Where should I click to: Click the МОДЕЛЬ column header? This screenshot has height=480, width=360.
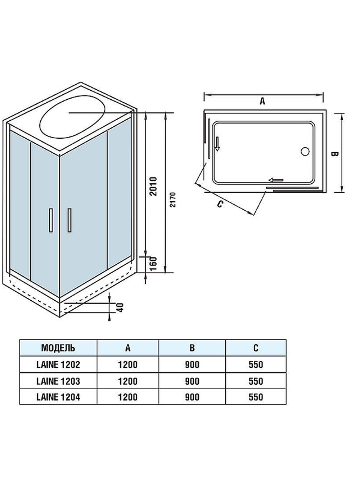point(58,348)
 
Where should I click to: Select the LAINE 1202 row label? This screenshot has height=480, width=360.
point(58,364)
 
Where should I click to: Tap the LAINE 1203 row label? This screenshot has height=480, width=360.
point(58,381)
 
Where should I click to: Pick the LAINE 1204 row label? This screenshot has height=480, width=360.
point(58,397)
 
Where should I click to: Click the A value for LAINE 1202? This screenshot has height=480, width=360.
point(128,364)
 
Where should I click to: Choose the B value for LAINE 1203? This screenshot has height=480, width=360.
point(192,381)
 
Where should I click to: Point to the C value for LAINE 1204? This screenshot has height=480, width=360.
point(256,397)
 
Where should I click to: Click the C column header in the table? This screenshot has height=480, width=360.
point(256,348)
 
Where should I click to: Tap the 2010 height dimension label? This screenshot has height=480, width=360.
point(154,186)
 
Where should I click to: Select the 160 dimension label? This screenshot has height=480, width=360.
point(154,264)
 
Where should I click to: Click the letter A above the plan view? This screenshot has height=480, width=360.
point(262,101)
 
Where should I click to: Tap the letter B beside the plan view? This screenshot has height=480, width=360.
point(334,154)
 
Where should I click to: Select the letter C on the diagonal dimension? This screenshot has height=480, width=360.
point(220,204)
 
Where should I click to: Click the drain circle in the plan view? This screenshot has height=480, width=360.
point(305,151)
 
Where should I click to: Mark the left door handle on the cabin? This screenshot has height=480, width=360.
point(51,220)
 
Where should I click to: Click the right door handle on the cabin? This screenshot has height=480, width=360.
point(69,220)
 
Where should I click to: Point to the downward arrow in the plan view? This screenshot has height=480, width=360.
point(217,144)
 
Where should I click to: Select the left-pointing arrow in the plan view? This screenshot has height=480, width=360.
point(276,180)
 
